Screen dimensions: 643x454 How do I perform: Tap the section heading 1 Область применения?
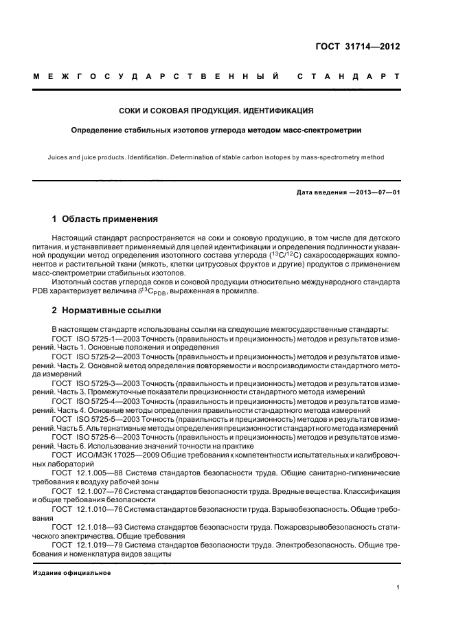(105, 220)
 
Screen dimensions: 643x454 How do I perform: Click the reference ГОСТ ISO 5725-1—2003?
(90, 339)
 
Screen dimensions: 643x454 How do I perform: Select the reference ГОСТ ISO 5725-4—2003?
(90, 401)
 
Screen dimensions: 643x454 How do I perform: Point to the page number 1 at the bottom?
(398, 587)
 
